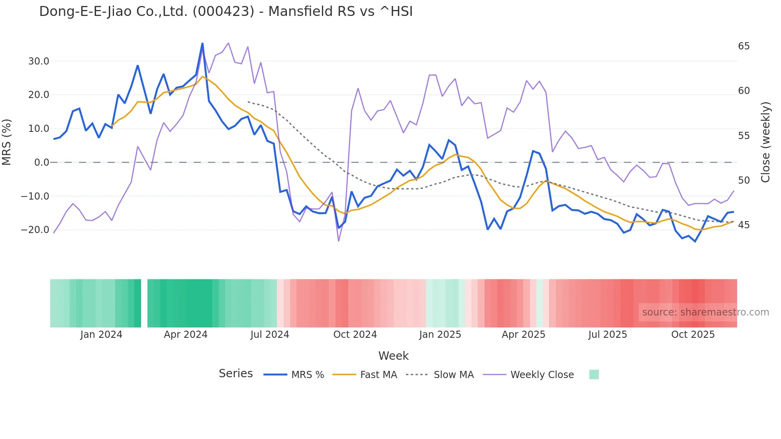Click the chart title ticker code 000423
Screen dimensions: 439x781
[223, 12]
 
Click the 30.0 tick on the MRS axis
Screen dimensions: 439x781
[39, 61]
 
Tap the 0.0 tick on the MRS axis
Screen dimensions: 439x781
[41, 163]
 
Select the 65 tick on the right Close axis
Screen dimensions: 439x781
[744, 46]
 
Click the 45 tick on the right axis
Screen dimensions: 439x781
[744, 225]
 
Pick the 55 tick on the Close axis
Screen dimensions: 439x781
[744, 136]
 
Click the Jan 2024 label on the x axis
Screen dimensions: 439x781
[101, 335]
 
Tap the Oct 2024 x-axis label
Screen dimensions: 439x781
[355, 335]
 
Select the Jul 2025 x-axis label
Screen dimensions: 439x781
[608, 335]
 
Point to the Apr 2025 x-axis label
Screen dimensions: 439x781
[523, 335]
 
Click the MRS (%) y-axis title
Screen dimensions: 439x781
[7, 142]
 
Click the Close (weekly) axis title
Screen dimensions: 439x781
[765, 142]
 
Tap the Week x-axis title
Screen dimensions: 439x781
[393, 356]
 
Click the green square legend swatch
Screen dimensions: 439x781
[594, 374]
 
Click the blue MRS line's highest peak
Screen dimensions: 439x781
[202, 43]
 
